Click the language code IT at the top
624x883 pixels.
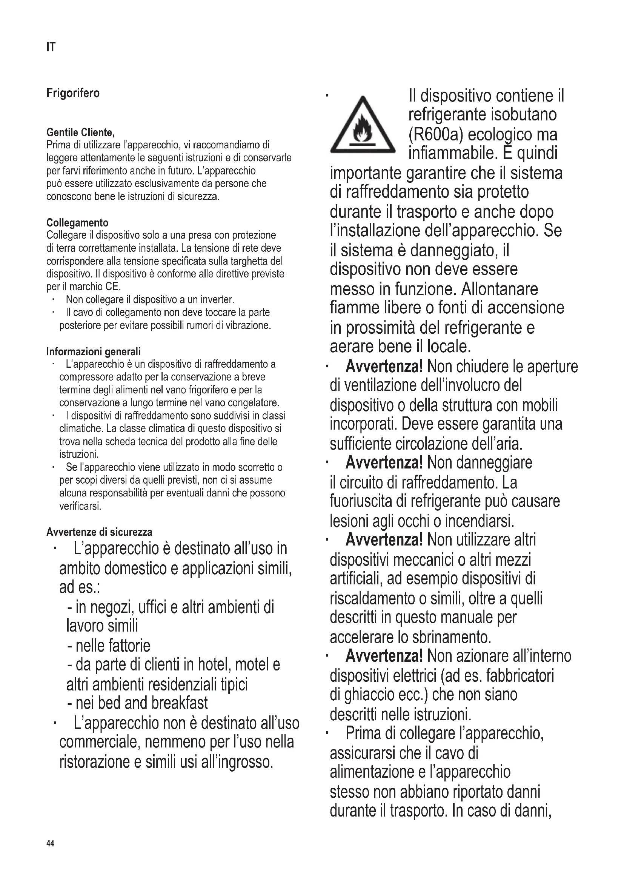(x=51, y=47)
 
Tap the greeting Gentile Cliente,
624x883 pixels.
(x=80, y=133)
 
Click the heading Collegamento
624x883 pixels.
(x=77, y=223)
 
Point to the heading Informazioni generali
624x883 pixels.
(x=93, y=351)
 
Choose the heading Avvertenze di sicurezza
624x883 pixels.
(x=99, y=532)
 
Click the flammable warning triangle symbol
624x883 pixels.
(x=362, y=125)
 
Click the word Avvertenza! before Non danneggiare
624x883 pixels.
(x=384, y=463)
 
